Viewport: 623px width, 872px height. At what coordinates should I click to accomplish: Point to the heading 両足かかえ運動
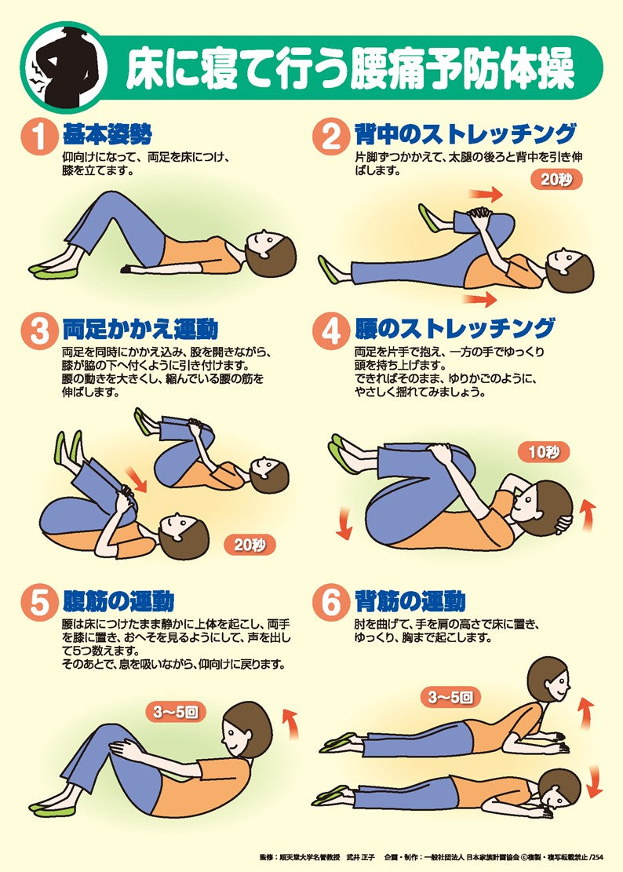pyautogui.click(x=140, y=330)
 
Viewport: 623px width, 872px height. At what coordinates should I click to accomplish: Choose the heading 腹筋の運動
pyautogui.click(x=118, y=603)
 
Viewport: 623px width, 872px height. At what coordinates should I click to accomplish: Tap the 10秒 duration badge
pyautogui.click(x=543, y=451)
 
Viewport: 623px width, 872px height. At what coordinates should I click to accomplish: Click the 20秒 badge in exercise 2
pyautogui.click(x=556, y=179)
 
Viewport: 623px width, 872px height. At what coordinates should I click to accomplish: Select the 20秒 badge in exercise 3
pyautogui.click(x=250, y=544)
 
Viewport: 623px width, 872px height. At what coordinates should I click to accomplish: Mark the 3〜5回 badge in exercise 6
pyautogui.click(x=450, y=696)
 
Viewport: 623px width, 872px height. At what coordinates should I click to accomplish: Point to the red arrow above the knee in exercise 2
pyautogui.click(x=486, y=193)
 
